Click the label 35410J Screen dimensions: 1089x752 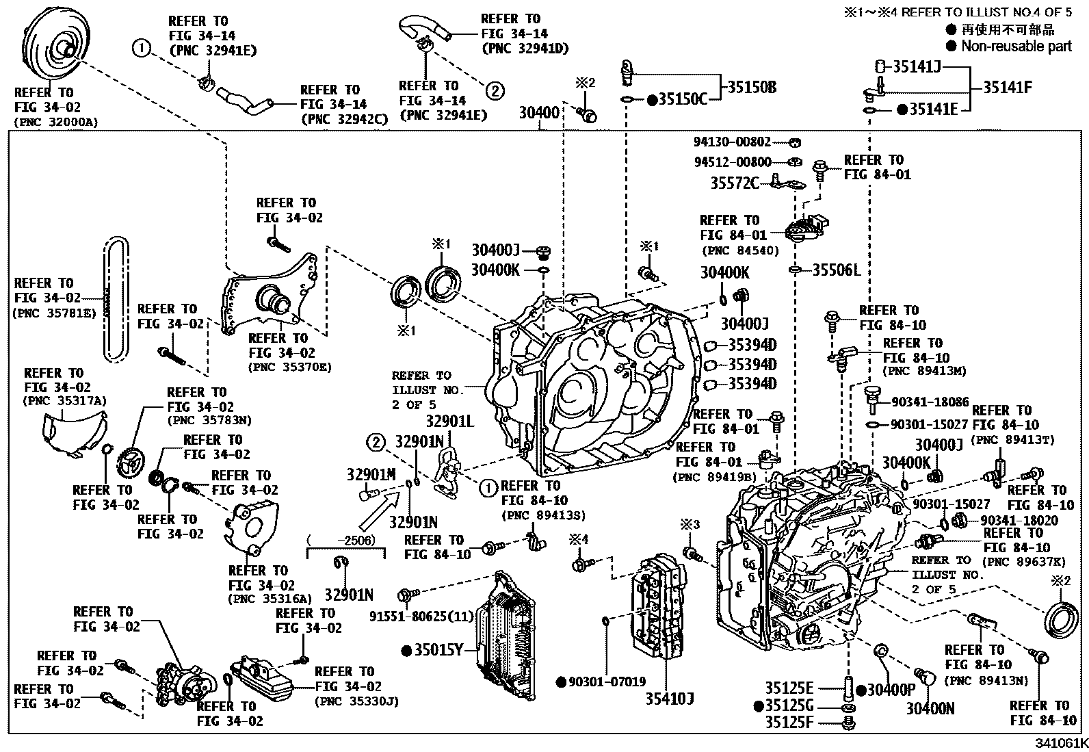point(670,699)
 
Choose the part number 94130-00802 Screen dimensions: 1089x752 point(732,142)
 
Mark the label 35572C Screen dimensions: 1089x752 point(735,183)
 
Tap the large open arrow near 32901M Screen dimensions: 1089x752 point(380,511)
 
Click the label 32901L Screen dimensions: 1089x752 point(450,422)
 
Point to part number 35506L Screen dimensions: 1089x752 point(836,270)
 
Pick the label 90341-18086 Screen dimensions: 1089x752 point(930,402)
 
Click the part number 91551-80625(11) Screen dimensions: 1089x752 point(421,617)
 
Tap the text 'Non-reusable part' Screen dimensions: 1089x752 point(1016,47)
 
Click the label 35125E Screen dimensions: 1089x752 point(789,688)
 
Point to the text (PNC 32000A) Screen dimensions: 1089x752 point(56,122)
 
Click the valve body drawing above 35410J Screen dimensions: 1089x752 point(659,606)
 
